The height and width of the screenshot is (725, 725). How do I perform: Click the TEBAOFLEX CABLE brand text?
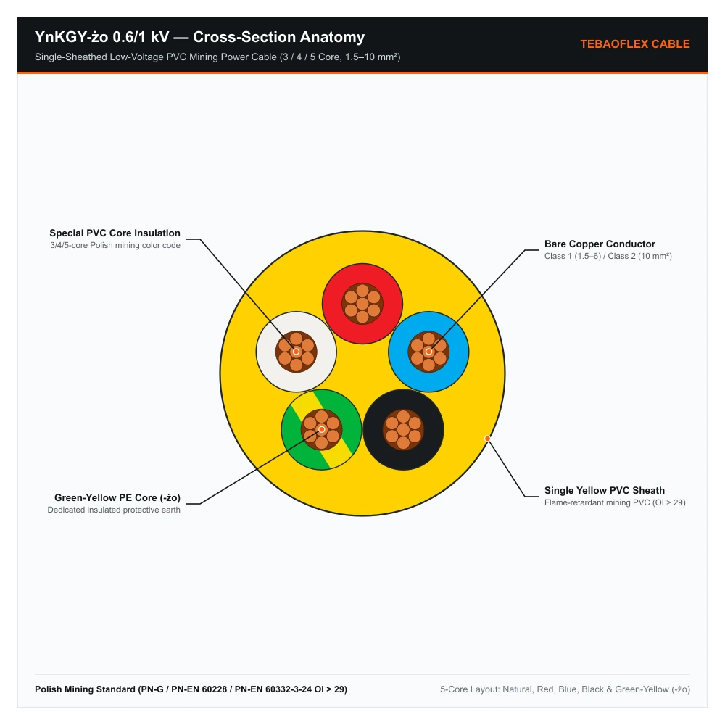[x=635, y=44]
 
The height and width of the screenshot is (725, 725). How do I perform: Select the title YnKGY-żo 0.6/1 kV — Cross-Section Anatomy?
[x=200, y=37]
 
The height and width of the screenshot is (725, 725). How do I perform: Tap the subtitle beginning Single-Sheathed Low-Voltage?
[x=217, y=57]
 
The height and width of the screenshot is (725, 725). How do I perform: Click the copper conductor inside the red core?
[x=362, y=304]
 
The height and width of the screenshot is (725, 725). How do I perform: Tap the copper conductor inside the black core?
[x=404, y=430]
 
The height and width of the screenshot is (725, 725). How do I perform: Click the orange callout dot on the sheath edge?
[x=487, y=439]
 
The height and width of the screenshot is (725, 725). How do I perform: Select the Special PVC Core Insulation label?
[x=115, y=233]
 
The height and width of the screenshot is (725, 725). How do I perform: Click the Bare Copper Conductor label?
[x=600, y=244]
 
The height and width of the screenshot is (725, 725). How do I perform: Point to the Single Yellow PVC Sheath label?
[x=605, y=490]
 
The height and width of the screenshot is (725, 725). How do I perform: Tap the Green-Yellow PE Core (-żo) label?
[x=117, y=497]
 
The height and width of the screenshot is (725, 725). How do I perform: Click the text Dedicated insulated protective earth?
[x=114, y=510]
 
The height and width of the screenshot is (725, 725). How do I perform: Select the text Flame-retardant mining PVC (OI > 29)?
[x=615, y=502]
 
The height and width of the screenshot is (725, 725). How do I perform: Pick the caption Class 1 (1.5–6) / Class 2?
[x=590, y=256]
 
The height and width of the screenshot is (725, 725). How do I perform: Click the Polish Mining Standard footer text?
[x=191, y=689]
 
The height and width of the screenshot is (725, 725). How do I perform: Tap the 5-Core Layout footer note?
[x=565, y=689]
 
